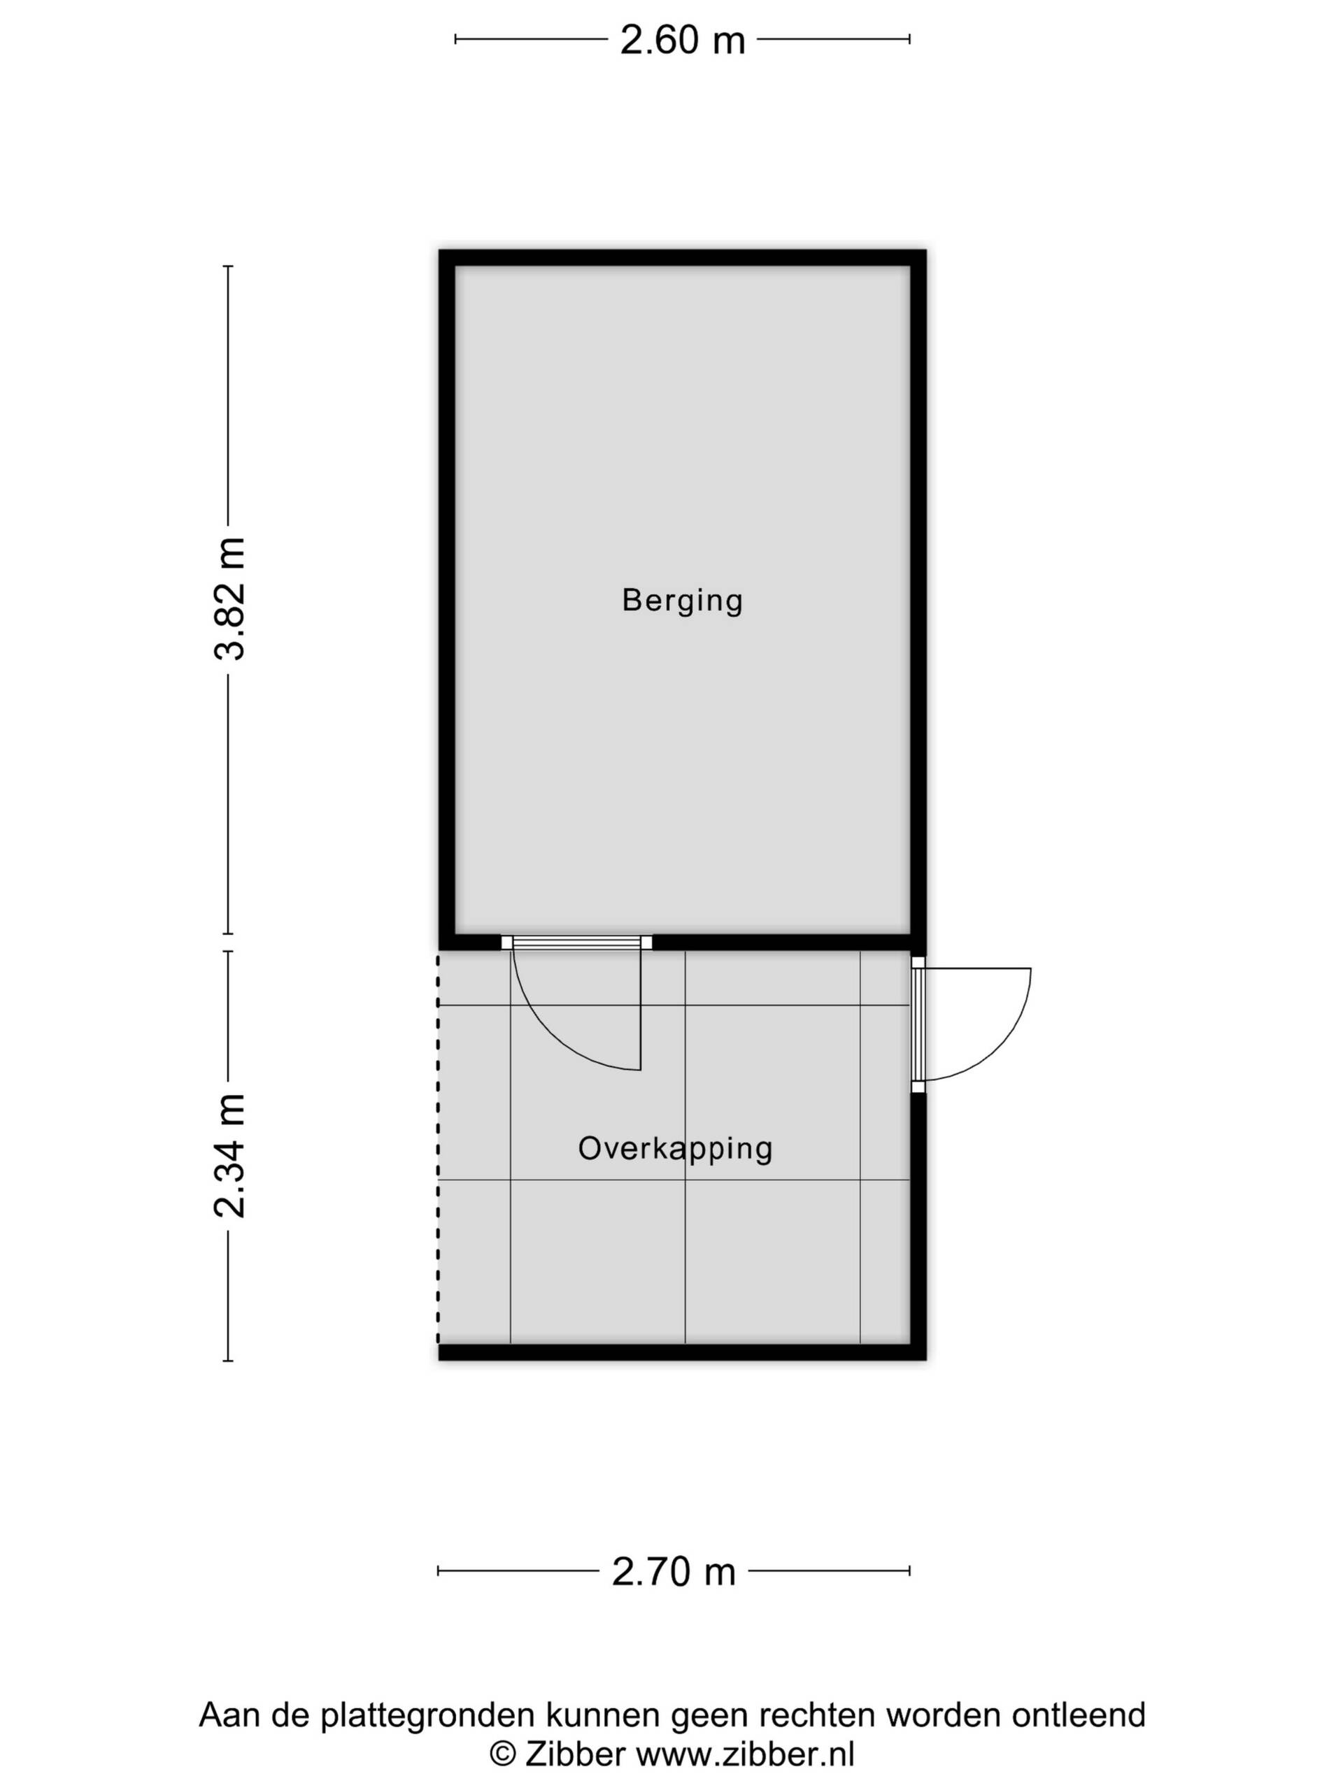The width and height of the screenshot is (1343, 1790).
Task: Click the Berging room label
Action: (x=681, y=601)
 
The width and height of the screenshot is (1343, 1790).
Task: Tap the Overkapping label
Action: (x=675, y=1148)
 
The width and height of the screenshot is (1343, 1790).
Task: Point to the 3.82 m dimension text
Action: (x=229, y=599)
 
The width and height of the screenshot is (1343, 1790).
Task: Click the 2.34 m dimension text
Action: (x=229, y=1156)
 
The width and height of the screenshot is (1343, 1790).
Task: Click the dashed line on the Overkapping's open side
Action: (x=438, y=1147)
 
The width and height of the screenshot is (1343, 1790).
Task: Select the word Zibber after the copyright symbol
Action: (x=575, y=1749)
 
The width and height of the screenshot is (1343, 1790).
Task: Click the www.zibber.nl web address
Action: (x=745, y=1749)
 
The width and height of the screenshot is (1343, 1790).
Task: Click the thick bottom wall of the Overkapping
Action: (x=681, y=1352)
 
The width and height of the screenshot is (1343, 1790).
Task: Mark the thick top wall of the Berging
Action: (x=681, y=258)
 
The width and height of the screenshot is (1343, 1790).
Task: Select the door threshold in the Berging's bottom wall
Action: (x=576, y=942)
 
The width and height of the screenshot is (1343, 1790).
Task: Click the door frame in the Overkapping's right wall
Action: (x=918, y=1024)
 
